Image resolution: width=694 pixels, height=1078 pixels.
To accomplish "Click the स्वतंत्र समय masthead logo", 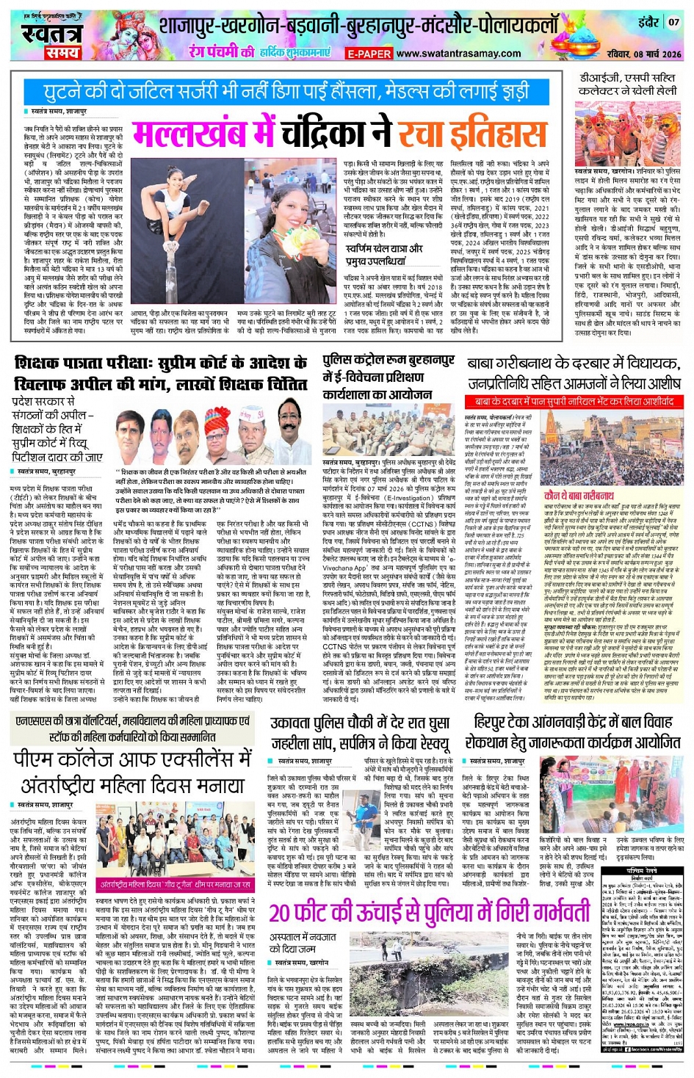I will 49,40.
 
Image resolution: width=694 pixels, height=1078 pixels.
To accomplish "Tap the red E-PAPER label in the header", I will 369,54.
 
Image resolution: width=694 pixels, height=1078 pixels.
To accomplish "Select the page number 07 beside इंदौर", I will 673,22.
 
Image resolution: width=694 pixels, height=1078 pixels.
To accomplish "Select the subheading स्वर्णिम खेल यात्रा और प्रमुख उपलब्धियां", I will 384,254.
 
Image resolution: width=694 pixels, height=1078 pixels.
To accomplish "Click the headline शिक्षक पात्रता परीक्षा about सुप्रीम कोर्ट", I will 161,372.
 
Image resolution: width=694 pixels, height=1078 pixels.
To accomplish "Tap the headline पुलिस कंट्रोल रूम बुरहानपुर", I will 388,377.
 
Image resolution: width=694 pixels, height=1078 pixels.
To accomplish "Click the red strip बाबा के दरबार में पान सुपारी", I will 574,402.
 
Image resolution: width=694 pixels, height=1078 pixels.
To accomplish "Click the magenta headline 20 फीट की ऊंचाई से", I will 429,913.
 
